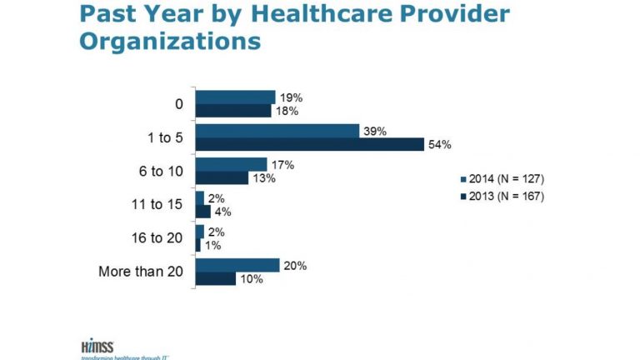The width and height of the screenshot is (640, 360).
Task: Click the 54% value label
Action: point(440,145)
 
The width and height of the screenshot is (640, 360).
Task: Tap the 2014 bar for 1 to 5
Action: point(277,131)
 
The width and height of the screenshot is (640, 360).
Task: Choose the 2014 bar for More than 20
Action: point(237,265)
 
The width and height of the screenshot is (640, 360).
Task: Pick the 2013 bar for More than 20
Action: point(216,278)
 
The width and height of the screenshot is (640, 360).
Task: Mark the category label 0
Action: point(178,104)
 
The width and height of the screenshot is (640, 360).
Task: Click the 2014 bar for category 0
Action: point(235,97)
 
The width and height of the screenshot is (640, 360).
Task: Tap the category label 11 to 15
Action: point(159,204)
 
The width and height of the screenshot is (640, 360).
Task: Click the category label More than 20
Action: point(140,271)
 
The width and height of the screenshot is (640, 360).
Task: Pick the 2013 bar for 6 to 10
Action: point(222,178)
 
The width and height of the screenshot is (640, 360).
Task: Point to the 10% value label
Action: point(252,279)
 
